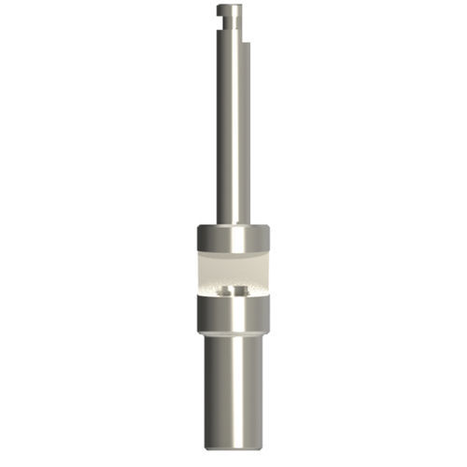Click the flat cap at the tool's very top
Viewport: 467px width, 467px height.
[x=229, y=9]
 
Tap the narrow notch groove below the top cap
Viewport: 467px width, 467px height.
[x=231, y=19]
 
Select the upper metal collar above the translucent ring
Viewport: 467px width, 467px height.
[x=233, y=239]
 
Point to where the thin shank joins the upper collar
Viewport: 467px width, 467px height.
[x=233, y=224]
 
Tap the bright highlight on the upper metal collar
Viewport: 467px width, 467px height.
[x=240, y=239]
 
